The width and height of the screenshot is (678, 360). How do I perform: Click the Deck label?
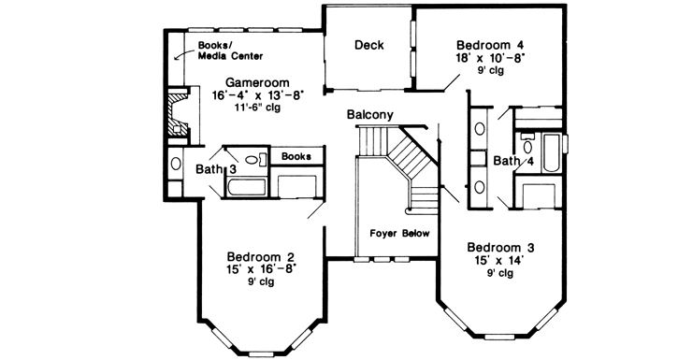click(368, 45)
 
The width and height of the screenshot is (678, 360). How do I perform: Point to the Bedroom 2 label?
click(261, 256)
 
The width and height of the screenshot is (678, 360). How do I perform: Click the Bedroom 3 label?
click(500, 248)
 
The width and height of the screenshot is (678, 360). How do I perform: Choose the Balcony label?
click(370, 115)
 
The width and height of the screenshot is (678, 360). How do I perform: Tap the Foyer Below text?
click(400, 234)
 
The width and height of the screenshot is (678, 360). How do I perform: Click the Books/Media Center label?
click(230, 50)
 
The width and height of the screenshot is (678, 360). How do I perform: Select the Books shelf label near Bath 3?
click(296, 156)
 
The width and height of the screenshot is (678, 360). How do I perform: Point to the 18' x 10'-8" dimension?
click(490, 57)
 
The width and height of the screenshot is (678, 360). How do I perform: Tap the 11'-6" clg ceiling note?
click(257, 107)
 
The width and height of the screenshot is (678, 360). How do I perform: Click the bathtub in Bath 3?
click(244, 188)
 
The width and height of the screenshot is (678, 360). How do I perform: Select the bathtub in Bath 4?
click(552, 153)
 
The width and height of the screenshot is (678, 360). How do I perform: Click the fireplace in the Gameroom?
click(178, 114)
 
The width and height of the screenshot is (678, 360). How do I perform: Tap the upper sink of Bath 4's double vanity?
click(480, 128)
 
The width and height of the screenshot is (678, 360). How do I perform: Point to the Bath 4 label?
click(513, 161)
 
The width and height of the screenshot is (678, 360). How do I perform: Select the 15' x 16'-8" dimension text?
click(261, 268)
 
